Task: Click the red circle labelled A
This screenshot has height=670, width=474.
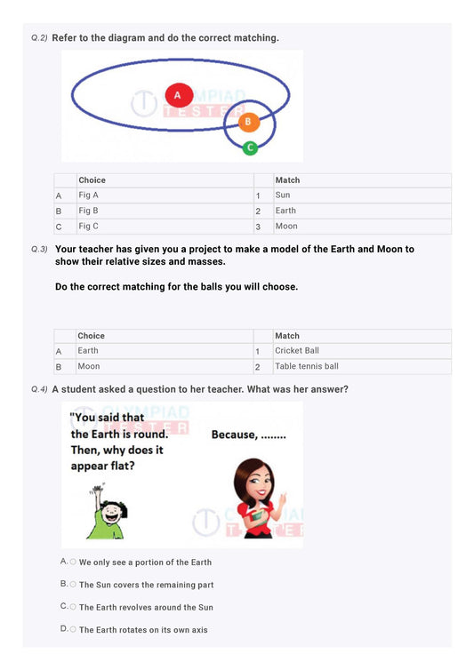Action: click(x=178, y=94)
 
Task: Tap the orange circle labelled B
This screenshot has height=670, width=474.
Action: click(x=249, y=121)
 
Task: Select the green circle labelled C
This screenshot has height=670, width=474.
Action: click(x=250, y=147)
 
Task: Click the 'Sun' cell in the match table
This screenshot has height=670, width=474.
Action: click(x=283, y=195)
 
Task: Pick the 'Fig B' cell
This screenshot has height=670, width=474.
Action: click(x=89, y=211)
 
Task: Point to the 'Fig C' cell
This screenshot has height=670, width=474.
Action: click(x=89, y=227)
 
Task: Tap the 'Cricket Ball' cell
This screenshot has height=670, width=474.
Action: click(x=297, y=351)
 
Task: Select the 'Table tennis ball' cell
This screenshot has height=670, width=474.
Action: click(x=307, y=366)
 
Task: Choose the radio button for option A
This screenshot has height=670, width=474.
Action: click(x=73, y=562)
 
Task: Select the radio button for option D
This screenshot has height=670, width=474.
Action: click(x=73, y=628)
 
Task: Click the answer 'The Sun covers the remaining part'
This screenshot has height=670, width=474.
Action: click(x=146, y=585)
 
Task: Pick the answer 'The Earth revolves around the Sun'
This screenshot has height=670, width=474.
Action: click(x=146, y=607)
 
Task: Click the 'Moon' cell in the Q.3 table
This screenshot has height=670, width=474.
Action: click(x=89, y=366)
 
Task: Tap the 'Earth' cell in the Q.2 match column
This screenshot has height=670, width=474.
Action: click(x=285, y=211)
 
